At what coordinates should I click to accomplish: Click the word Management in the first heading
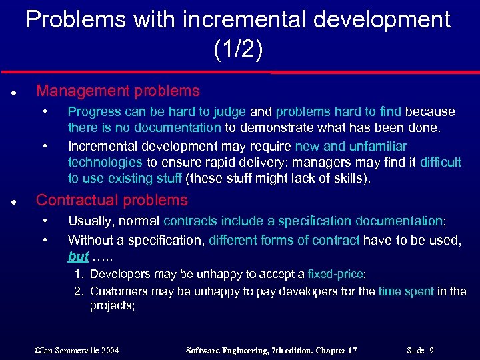pyautogui.click(x=77, y=91)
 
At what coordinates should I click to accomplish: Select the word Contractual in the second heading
pyautogui.click(x=73, y=200)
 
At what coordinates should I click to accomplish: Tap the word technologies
pyautogui.click(x=105, y=162)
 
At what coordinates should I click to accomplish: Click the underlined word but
pyautogui.click(x=78, y=257)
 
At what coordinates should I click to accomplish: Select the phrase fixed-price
pyautogui.click(x=336, y=274)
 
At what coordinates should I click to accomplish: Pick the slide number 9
pyautogui.click(x=432, y=350)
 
